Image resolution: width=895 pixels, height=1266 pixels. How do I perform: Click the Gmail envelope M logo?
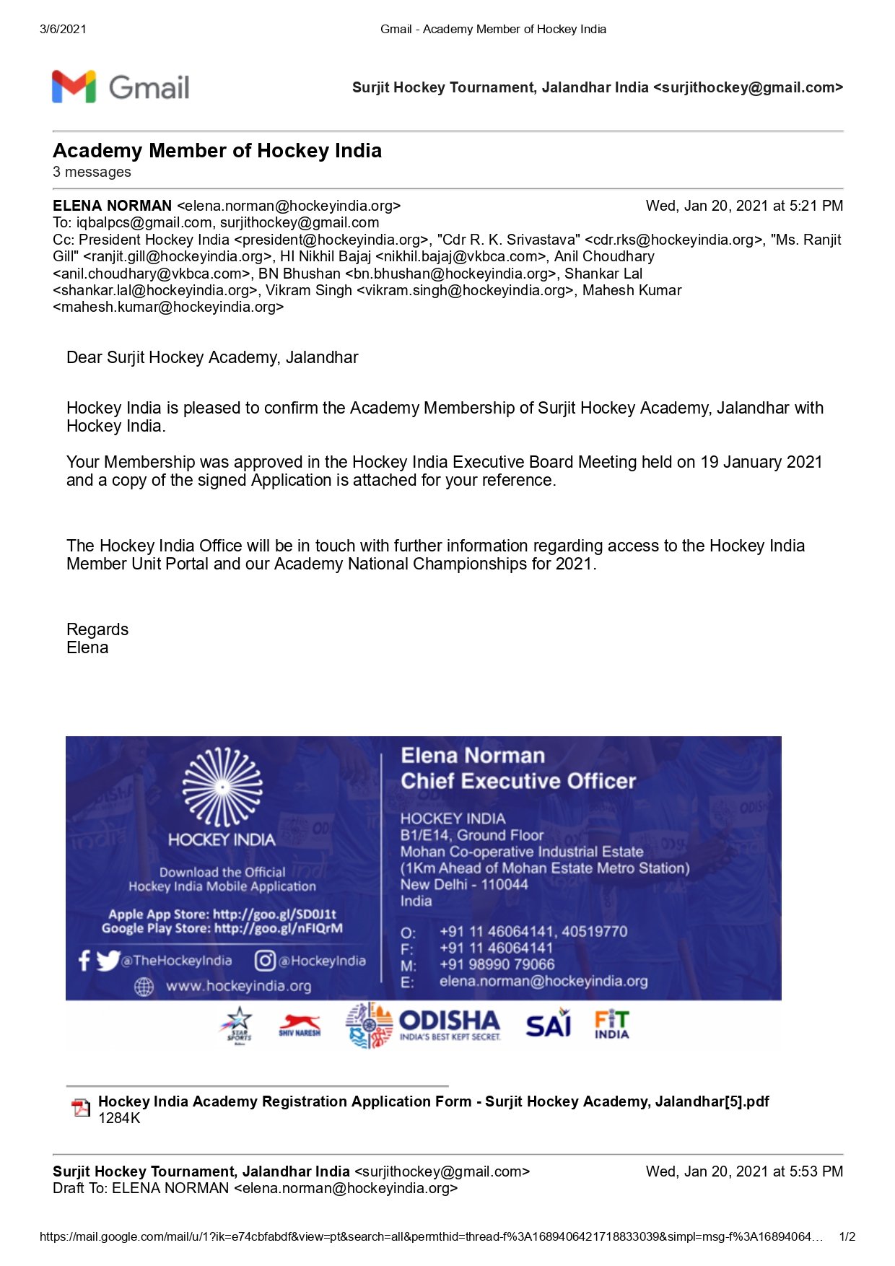(74, 87)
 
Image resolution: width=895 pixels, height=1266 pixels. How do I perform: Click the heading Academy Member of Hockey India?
(217, 151)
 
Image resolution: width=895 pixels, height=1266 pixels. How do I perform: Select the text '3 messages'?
(92, 173)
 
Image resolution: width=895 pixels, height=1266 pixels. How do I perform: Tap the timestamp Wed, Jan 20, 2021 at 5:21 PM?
(744, 206)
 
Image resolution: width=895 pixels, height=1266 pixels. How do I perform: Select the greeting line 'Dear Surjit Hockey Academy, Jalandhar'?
(212, 358)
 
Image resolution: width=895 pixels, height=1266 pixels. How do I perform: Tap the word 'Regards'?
(97, 629)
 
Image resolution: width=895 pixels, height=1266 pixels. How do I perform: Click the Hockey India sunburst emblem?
(222, 787)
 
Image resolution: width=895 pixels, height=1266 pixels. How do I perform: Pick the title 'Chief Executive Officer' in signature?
(518, 781)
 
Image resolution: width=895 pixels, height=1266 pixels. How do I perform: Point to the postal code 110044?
(505, 885)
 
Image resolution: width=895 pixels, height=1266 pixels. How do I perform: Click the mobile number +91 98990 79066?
(497, 965)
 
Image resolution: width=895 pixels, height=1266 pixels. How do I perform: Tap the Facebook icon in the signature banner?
(84, 961)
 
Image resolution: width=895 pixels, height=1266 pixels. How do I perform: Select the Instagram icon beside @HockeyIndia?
(265, 961)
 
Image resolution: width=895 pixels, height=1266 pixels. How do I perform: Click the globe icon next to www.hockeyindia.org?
(144, 987)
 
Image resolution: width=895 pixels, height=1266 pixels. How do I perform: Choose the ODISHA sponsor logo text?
(449, 1021)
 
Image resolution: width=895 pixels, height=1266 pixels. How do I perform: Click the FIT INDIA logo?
(611, 1024)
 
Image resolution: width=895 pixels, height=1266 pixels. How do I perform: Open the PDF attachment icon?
(80, 1108)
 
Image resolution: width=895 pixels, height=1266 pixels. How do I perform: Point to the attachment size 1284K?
(119, 1119)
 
